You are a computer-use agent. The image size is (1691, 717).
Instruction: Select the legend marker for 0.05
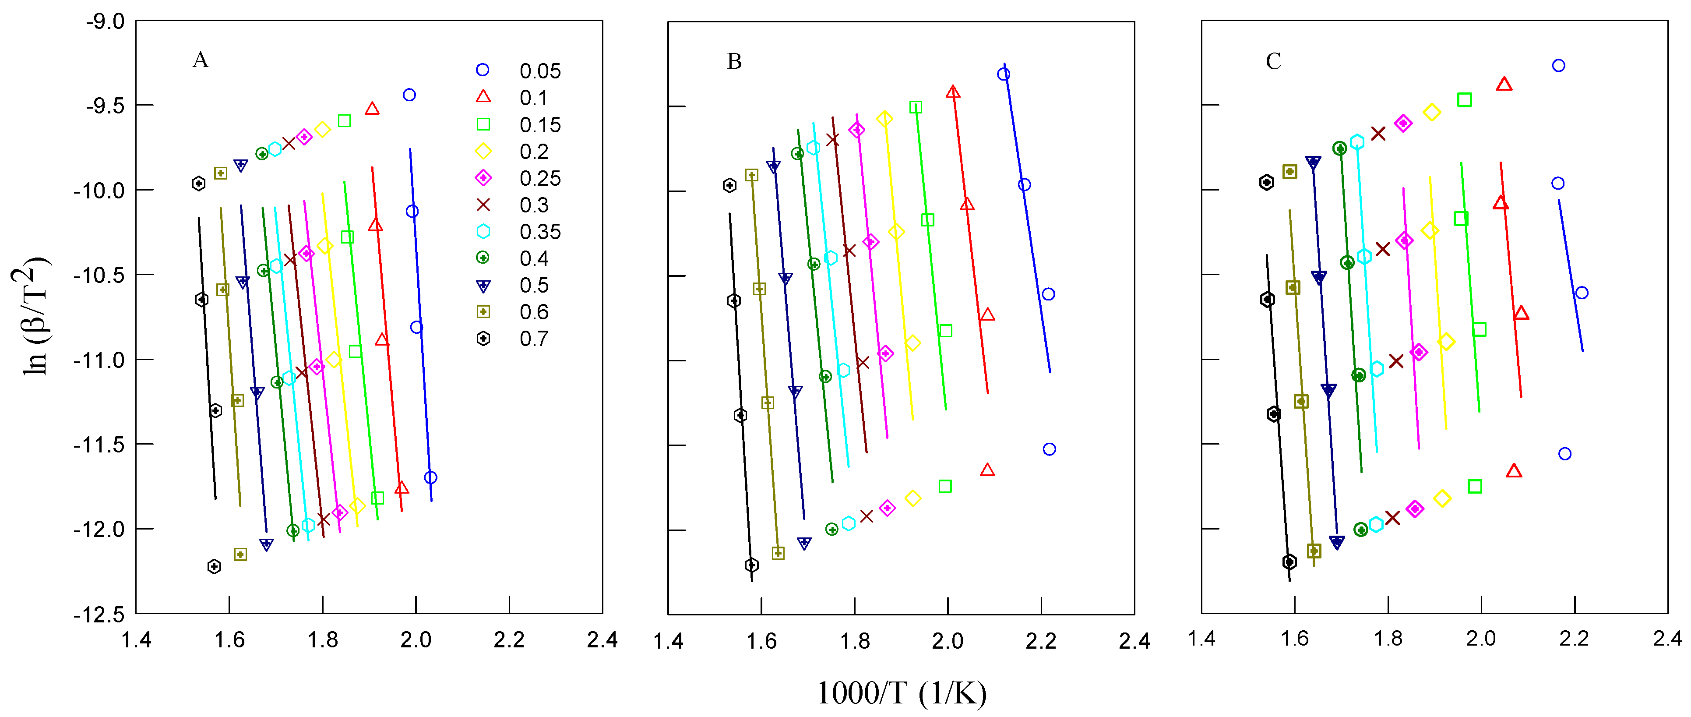483,70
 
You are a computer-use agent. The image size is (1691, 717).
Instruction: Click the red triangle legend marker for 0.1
483,96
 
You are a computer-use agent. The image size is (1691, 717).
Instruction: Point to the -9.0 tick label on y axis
105,21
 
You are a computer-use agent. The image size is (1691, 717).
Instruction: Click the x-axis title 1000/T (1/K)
901,693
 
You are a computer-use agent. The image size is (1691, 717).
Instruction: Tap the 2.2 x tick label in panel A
509,639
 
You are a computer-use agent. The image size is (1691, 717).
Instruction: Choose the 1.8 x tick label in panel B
855,641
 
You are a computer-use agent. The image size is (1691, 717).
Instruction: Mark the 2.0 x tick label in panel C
1481,638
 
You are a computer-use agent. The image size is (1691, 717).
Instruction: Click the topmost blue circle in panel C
1558,65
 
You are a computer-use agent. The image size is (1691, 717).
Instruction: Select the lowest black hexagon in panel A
214,566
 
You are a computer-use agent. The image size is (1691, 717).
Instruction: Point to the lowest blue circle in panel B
1049,449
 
